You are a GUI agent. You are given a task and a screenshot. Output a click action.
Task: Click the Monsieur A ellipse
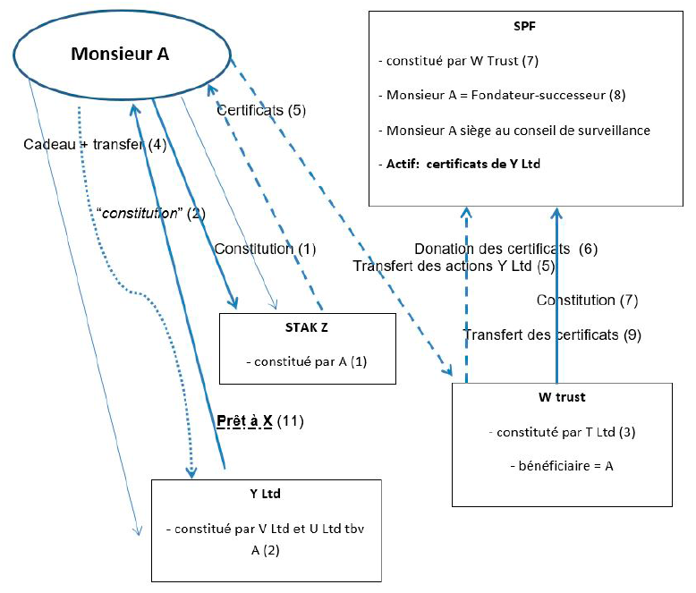[x=120, y=55]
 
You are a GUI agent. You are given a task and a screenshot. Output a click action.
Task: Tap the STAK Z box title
[x=306, y=329]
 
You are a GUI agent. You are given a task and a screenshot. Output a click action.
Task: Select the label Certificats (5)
[x=262, y=111]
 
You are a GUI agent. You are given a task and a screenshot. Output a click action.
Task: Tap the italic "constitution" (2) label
[x=151, y=214]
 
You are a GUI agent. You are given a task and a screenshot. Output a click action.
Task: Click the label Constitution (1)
[x=265, y=249]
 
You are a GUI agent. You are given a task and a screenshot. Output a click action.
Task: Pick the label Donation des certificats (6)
[x=505, y=249]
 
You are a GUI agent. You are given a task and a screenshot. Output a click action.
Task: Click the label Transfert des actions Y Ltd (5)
[x=454, y=266]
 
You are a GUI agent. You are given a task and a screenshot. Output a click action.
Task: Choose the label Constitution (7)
[x=587, y=301]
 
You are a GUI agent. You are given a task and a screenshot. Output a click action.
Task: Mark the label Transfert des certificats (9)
[x=552, y=335]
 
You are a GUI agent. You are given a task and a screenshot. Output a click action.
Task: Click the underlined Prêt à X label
[x=244, y=420]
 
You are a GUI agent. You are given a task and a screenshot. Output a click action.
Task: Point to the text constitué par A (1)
[x=306, y=361]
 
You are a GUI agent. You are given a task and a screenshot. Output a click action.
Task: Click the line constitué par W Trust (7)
[x=461, y=61]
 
